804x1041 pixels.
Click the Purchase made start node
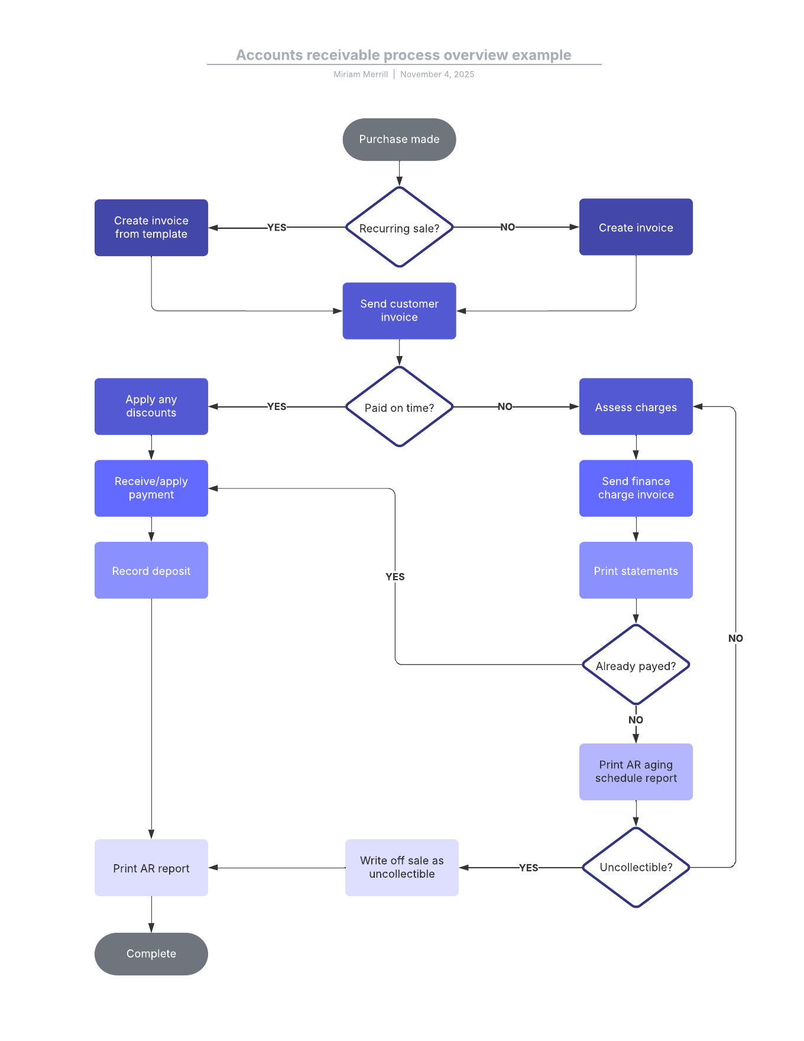point(399,140)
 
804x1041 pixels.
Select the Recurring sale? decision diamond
point(399,228)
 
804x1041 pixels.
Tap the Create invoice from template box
point(151,228)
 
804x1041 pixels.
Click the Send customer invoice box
point(399,311)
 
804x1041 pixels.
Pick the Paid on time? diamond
point(399,407)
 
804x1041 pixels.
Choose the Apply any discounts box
point(151,406)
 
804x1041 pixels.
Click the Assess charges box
point(636,407)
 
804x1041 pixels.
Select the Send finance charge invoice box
point(636,488)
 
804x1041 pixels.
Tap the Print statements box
point(636,570)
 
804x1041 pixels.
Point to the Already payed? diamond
point(636,665)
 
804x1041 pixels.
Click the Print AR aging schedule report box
point(636,771)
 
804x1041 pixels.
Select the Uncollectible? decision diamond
point(636,867)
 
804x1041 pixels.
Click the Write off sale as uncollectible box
point(402,867)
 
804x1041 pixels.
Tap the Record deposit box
point(151,570)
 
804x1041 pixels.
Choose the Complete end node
point(151,953)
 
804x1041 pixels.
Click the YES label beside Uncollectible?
point(529,868)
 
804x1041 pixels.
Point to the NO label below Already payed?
point(636,720)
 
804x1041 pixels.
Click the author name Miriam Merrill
point(361,75)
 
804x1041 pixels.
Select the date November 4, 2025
point(437,75)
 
